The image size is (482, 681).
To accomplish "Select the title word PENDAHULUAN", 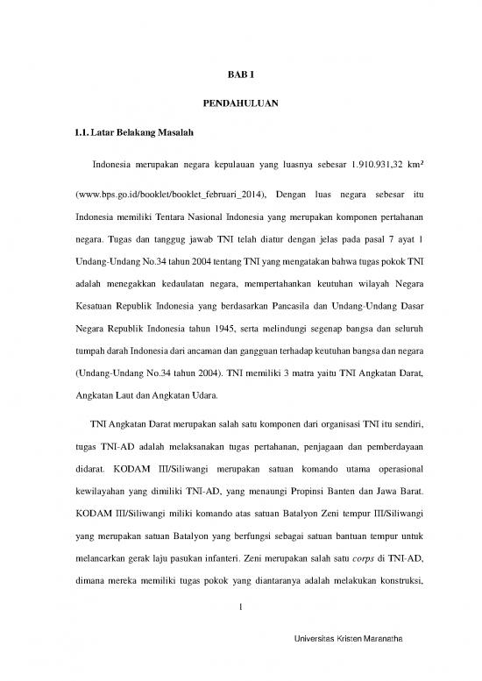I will click(x=241, y=105).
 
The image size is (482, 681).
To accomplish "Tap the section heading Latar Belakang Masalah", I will click(x=137, y=133).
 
